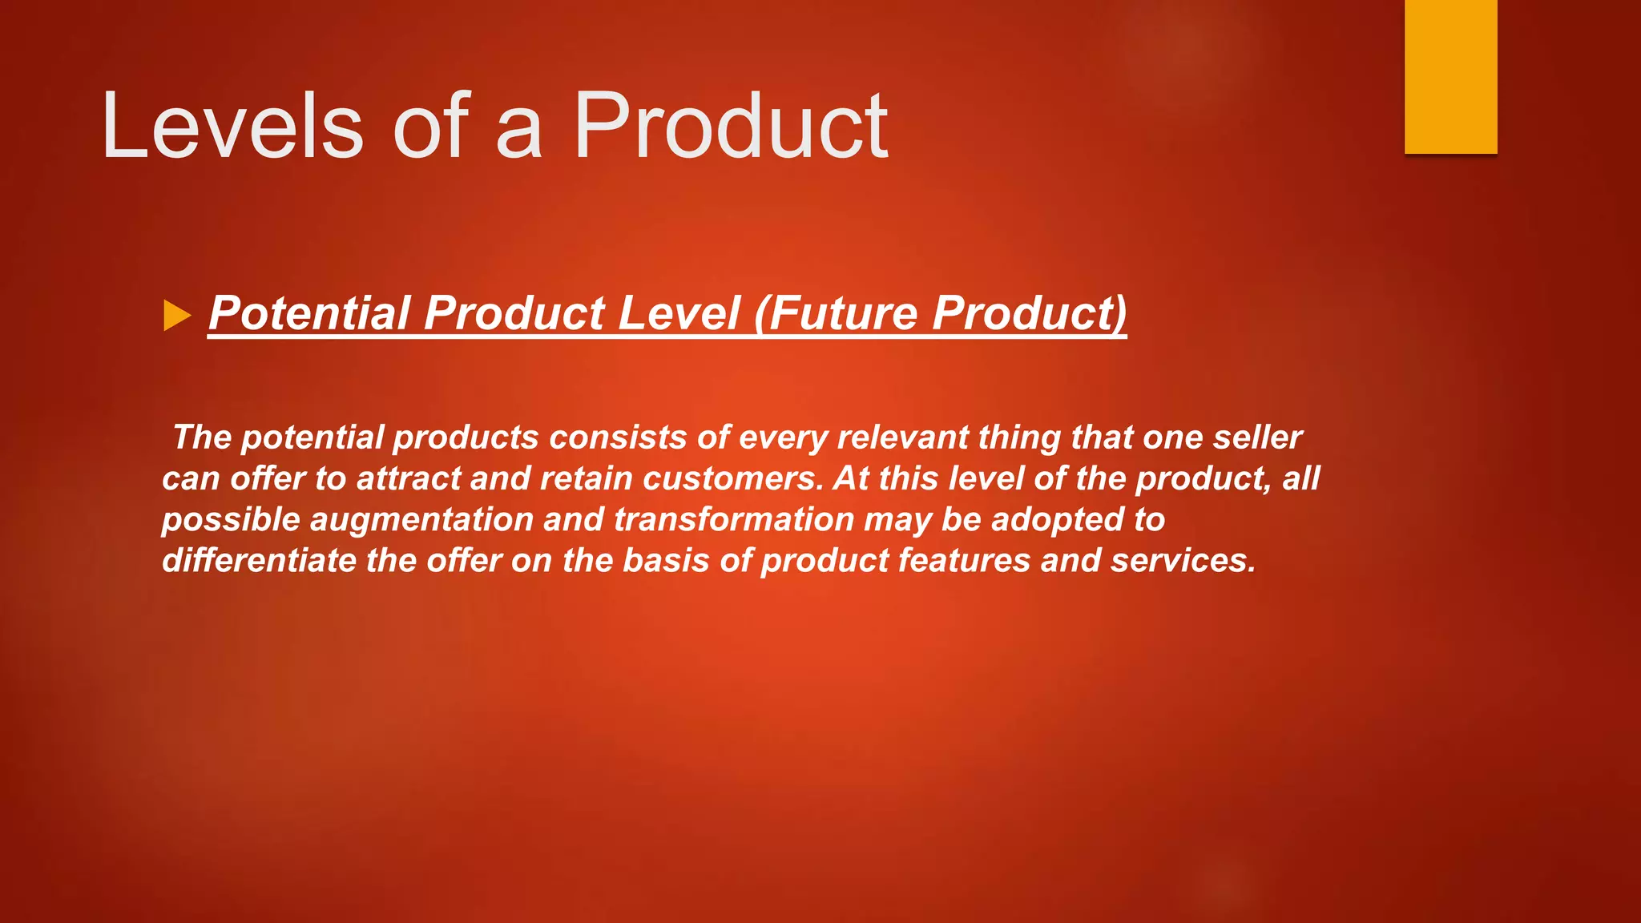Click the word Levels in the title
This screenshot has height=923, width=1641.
[232, 127]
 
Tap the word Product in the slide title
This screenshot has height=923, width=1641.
[730, 127]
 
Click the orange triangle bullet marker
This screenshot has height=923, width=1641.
[177, 315]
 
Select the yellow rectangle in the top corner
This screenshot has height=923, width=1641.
[1450, 76]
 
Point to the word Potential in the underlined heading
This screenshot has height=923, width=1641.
[309, 312]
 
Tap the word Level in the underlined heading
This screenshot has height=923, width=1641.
[678, 312]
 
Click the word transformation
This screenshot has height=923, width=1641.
[734, 519]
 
